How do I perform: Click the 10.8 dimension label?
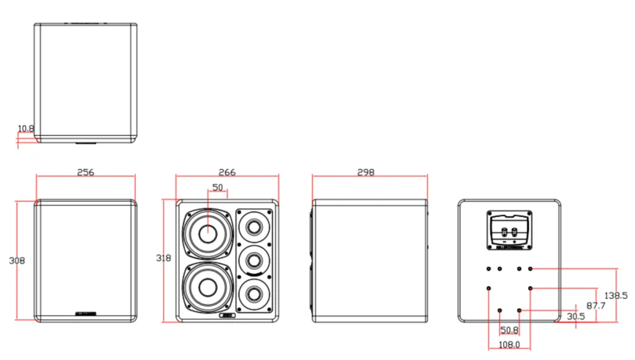tap(26, 129)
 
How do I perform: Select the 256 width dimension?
tap(86, 172)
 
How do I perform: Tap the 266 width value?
tap(227, 172)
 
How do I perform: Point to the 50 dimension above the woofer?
tap(218, 187)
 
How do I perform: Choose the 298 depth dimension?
tap(366, 172)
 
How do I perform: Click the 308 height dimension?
tap(17, 261)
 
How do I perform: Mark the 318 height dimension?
tap(164, 258)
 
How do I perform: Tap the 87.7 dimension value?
tap(596, 306)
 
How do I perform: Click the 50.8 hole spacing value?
tap(509, 330)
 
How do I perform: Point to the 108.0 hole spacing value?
tap(509, 345)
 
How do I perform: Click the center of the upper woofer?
tap(207, 234)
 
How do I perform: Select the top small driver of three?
tap(253, 227)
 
